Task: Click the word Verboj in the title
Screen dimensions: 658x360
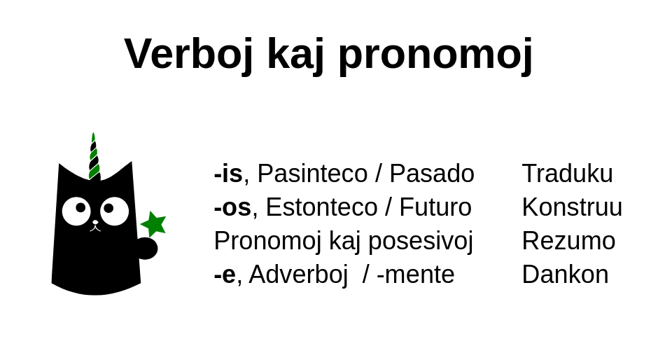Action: point(188,54)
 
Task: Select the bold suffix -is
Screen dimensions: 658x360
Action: point(228,173)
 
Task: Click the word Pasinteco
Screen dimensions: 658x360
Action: point(312,173)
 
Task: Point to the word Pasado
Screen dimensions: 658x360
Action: point(432,173)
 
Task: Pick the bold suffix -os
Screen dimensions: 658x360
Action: point(232,207)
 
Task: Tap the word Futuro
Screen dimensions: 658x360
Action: point(435,207)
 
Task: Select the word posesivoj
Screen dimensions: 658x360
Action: point(421,242)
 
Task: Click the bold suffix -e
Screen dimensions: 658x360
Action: point(225,275)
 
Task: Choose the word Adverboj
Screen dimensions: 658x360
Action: point(298,275)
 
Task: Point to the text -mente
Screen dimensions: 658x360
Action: point(415,275)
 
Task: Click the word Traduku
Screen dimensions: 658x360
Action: point(568,173)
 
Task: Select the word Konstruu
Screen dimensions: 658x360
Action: point(572,207)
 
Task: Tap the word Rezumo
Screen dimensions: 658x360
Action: point(568,241)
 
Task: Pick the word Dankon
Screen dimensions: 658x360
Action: point(566,275)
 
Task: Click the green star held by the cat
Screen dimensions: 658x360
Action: point(154,224)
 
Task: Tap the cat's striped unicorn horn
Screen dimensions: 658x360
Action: point(94,157)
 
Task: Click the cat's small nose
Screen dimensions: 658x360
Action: point(95,222)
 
